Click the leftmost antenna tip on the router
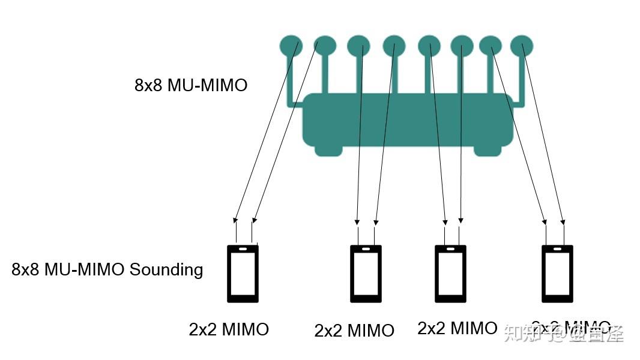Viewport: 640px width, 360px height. click(291, 44)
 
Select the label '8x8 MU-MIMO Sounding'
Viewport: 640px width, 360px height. click(107, 269)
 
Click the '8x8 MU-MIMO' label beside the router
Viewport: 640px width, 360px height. click(191, 85)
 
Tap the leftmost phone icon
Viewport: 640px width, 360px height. click(243, 273)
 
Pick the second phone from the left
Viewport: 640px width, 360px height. click(366, 273)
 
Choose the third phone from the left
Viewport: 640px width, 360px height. click(450, 273)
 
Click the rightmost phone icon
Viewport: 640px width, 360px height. click(557, 273)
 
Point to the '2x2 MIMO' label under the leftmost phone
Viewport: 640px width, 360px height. click(229, 329)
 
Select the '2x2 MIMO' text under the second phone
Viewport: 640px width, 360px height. click(354, 331)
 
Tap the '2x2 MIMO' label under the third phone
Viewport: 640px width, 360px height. click(457, 328)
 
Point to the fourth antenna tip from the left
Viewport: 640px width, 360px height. click(394, 44)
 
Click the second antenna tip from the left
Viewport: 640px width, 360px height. click(325, 45)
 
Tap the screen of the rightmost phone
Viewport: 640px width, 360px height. click(557, 274)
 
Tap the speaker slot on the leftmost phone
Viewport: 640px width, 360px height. click(243, 248)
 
